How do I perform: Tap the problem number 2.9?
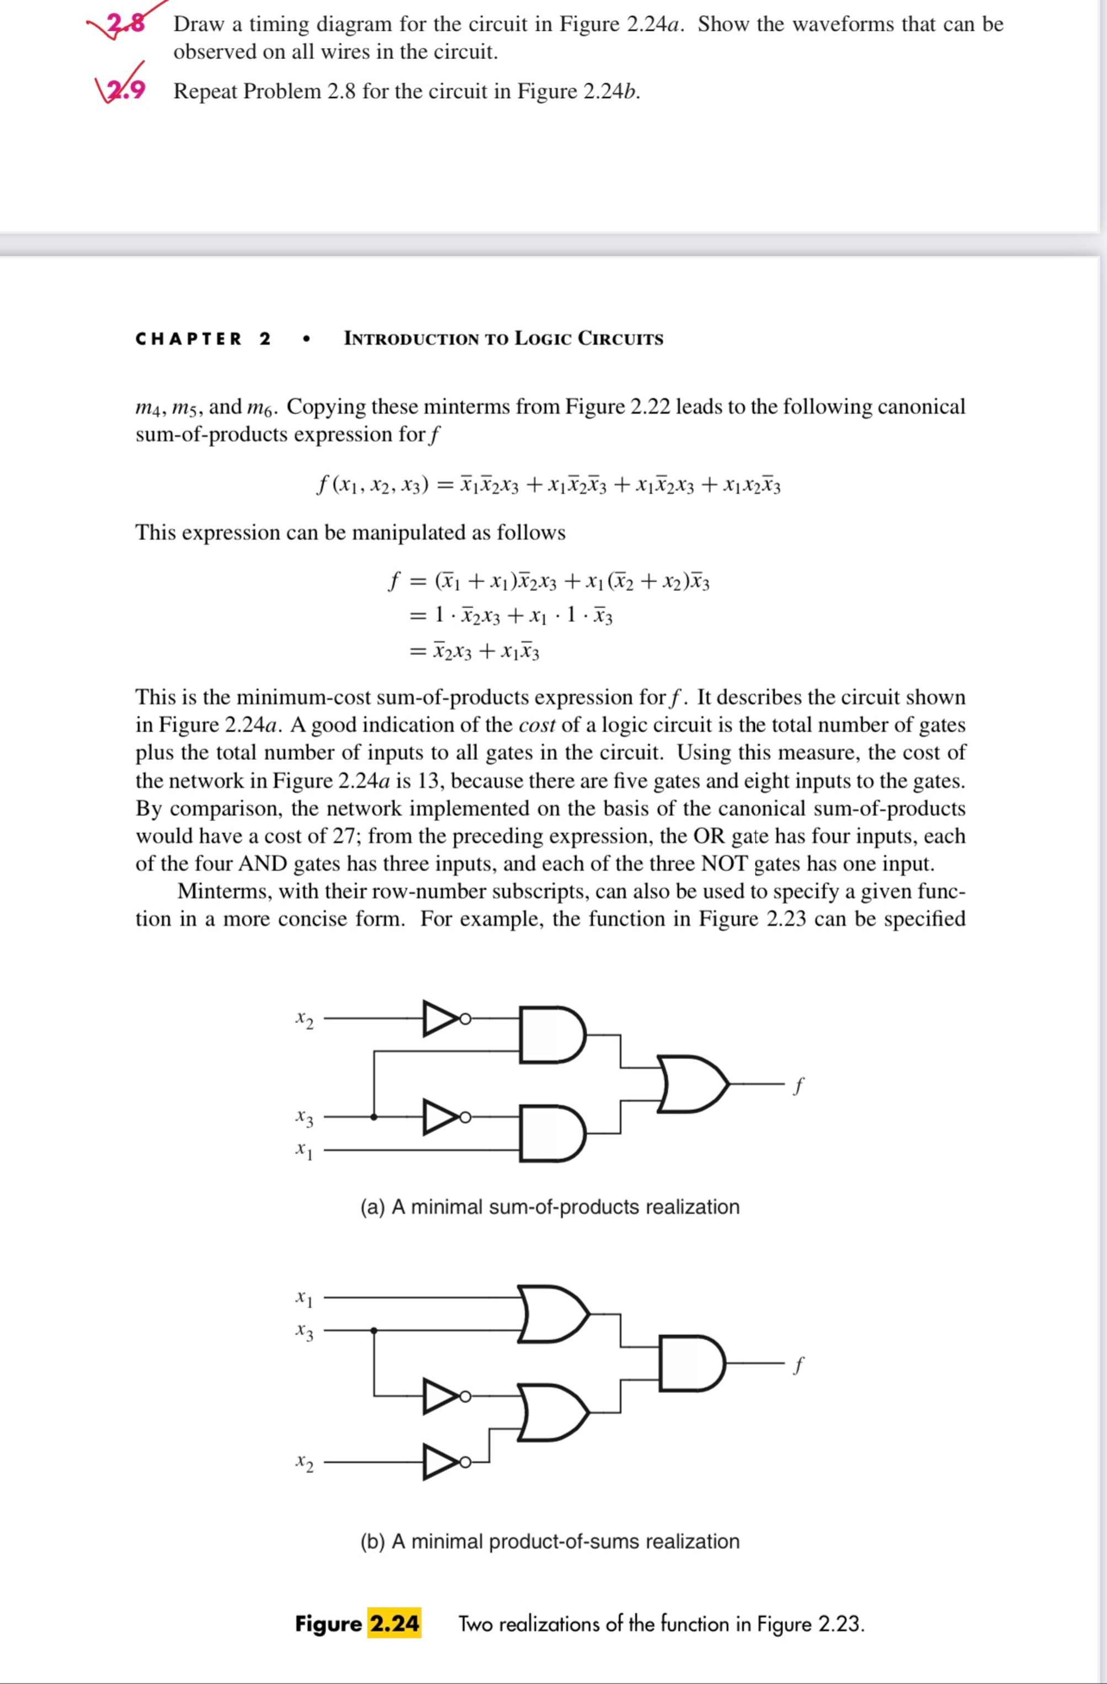point(126,90)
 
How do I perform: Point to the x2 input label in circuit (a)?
point(305,1020)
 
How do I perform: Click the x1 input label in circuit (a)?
point(305,1150)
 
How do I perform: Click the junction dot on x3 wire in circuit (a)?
point(374,1117)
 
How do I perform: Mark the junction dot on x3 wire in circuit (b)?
point(374,1330)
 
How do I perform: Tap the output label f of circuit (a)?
point(799,1085)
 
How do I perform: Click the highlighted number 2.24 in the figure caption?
point(394,1622)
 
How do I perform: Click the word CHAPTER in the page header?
point(188,339)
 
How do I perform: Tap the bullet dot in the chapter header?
point(306,340)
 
